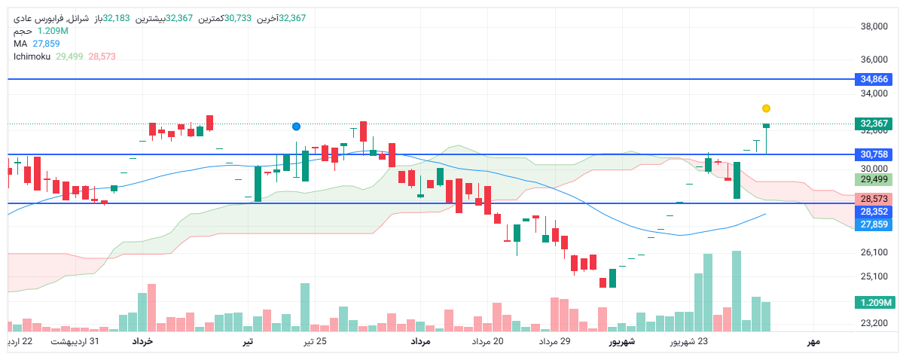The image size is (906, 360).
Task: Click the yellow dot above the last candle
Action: coord(766,108)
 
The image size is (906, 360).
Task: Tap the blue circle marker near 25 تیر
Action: coord(296,127)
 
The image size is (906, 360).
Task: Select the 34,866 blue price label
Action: coord(874,79)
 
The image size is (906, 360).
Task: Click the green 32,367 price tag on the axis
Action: coord(874,124)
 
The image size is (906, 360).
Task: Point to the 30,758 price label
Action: coord(874,154)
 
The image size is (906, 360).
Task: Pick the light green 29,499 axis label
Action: coord(874,179)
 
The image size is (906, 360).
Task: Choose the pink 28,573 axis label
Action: coord(874,199)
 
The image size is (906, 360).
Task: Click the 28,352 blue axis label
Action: coord(874,212)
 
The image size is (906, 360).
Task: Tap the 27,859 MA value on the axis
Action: coord(874,224)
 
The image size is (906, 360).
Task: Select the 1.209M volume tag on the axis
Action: coord(874,303)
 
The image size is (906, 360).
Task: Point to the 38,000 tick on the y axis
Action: coord(874,27)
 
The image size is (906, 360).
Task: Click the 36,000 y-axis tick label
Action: coord(874,59)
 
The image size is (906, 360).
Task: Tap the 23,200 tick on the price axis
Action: coord(874,324)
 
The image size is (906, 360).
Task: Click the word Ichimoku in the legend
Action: coord(32,56)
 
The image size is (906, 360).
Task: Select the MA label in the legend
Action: coord(20,44)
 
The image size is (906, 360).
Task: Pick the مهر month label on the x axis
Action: coord(813,342)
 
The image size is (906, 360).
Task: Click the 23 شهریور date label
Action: coord(689,342)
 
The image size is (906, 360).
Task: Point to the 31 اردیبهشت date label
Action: coord(75,342)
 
